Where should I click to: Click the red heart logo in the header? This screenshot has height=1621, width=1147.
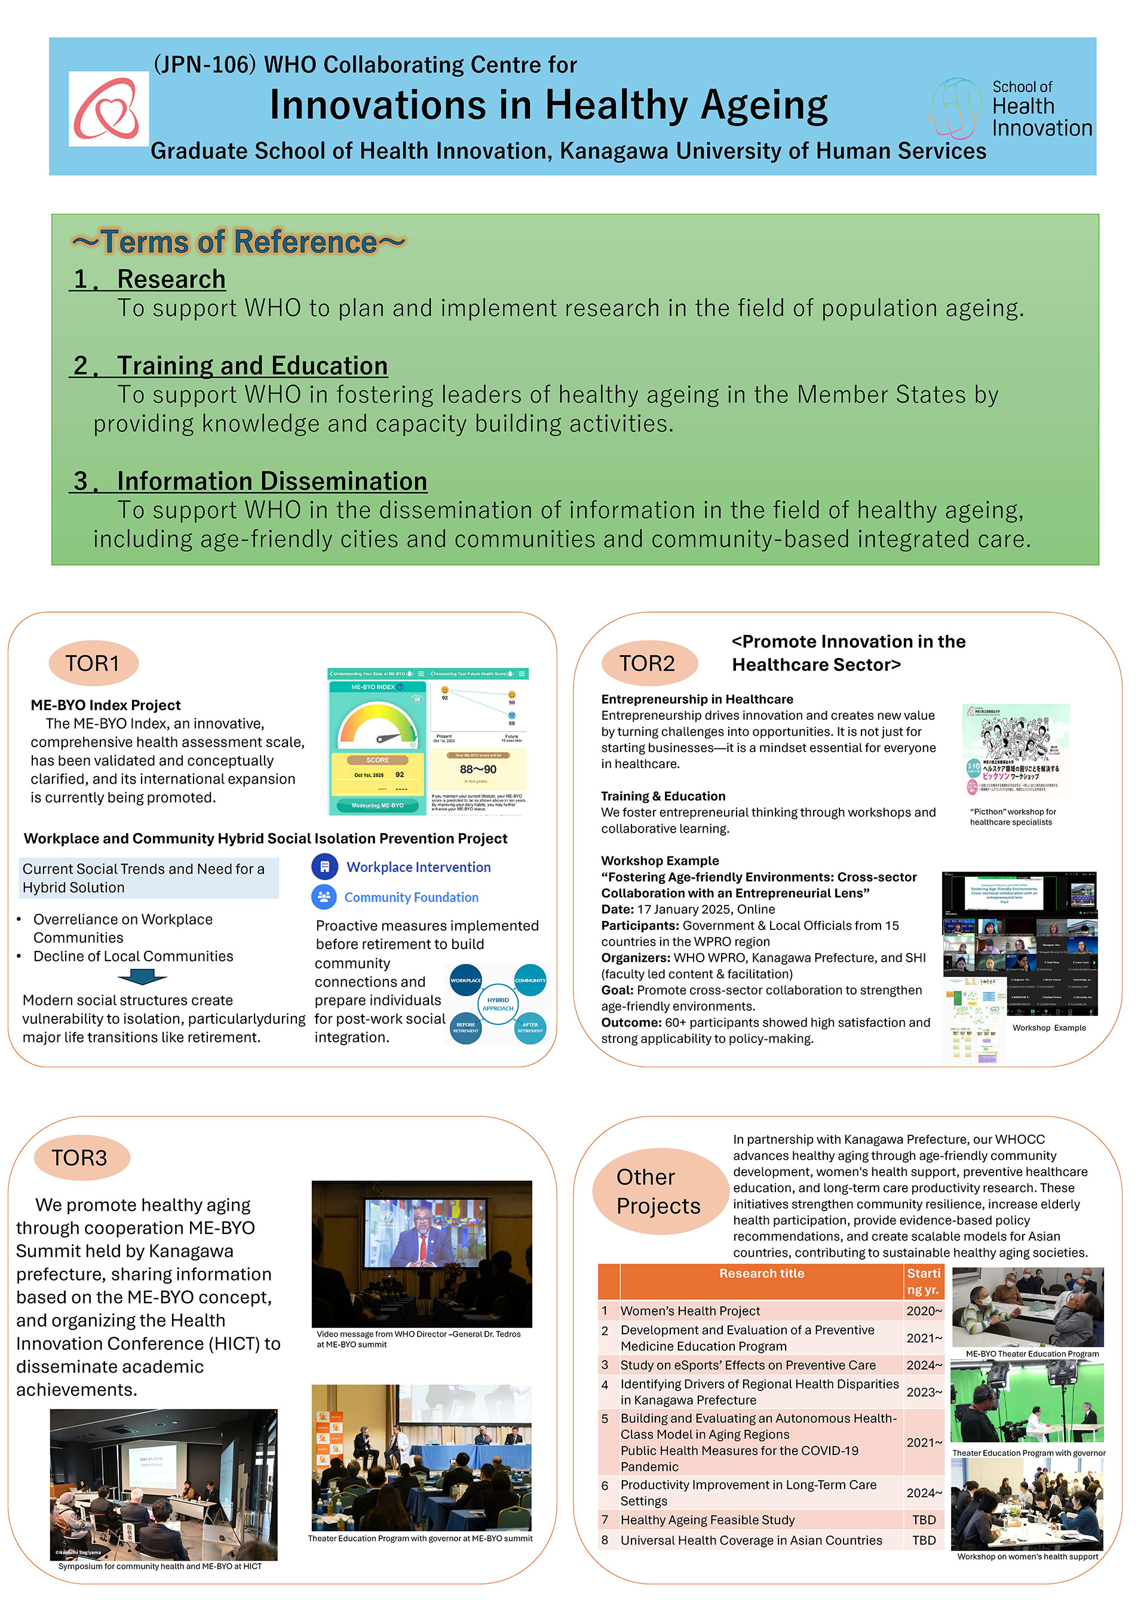tap(108, 109)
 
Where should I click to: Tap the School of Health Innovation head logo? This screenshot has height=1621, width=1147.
tap(955, 108)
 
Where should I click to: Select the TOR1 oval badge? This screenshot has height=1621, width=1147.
tap(93, 663)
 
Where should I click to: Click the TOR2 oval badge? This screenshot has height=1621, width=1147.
tap(648, 663)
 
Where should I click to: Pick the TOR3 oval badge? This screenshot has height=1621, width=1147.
tap(81, 1158)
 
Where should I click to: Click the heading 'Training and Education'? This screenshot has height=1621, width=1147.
tap(252, 366)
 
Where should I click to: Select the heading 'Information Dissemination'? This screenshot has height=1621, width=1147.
tap(271, 481)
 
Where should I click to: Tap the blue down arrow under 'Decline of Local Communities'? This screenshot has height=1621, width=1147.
tap(142, 977)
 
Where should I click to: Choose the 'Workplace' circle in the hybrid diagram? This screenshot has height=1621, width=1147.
tap(465, 980)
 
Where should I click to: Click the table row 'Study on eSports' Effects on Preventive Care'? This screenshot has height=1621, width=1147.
tap(748, 1365)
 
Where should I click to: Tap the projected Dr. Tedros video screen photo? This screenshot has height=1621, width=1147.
tap(422, 1254)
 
